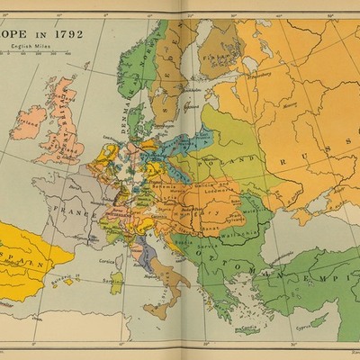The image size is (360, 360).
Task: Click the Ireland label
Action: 26,117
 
